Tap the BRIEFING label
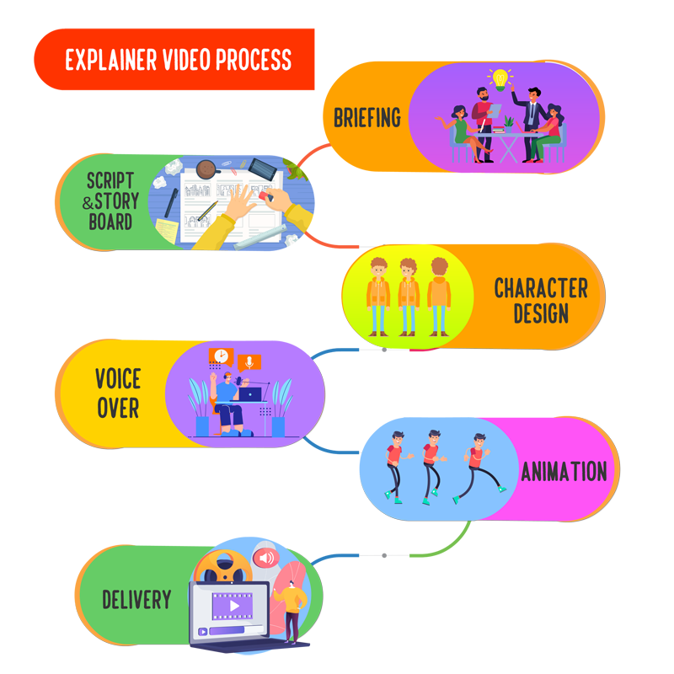[x=367, y=117]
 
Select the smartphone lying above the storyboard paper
[x=263, y=168]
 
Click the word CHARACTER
[x=541, y=288]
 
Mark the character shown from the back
[x=439, y=293]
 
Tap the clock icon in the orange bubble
[x=221, y=356]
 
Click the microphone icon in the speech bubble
[x=249, y=362]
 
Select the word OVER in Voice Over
[x=118, y=408]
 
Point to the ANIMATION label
[x=564, y=472]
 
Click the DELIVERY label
[x=136, y=601]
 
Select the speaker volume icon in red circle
[x=267, y=558]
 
